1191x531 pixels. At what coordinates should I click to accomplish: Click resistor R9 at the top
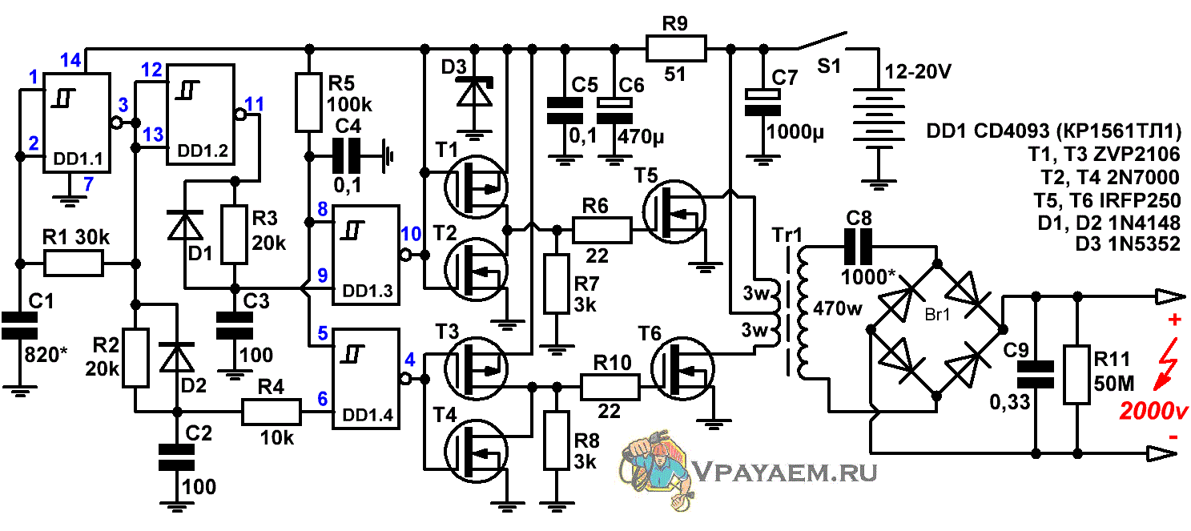tap(676, 49)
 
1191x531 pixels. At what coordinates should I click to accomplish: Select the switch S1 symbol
tap(822, 42)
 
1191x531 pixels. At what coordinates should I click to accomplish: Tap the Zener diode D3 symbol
tap(475, 91)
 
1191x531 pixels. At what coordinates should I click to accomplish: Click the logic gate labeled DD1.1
tap(77, 123)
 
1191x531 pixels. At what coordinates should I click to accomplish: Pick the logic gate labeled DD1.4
tap(366, 379)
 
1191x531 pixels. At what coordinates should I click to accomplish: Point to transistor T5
tap(674, 212)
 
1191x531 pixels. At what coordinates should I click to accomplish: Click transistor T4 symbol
tap(476, 451)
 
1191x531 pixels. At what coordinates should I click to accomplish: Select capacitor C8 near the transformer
tap(859, 247)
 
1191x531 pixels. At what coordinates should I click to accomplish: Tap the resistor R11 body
tap(1076, 375)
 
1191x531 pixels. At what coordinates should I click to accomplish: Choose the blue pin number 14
tap(71, 59)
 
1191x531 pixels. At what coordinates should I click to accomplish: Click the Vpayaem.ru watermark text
tap(785, 472)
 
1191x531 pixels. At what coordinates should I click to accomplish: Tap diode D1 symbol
tap(184, 225)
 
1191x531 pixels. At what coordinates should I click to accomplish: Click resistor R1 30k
tap(74, 263)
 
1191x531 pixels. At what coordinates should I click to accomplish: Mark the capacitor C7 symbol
tap(763, 102)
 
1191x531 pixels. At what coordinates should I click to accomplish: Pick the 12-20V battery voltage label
tap(918, 71)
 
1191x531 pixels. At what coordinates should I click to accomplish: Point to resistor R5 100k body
tap(309, 102)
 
